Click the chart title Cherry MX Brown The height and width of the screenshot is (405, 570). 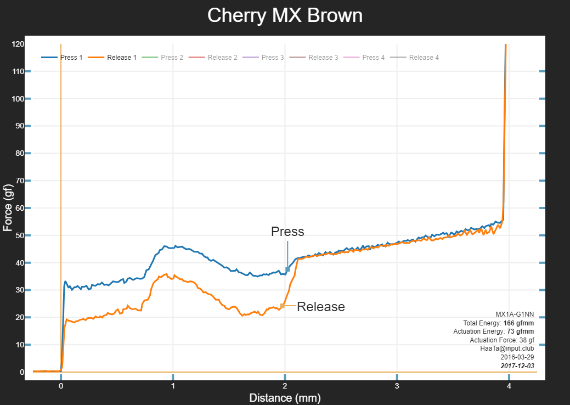point(285,15)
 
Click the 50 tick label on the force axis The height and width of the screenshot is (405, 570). point(19,235)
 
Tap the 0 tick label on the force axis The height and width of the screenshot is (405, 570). point(21,372)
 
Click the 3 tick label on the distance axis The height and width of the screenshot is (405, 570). point(397,386)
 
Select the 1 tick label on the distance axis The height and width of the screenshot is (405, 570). point(173,386)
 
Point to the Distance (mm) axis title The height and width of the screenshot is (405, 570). point(285,398)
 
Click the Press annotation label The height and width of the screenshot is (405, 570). point(287,232)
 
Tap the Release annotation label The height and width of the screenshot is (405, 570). point(321,307)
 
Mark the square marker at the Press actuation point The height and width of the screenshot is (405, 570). point(287,269)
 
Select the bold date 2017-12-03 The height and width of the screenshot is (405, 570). point(517,365)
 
